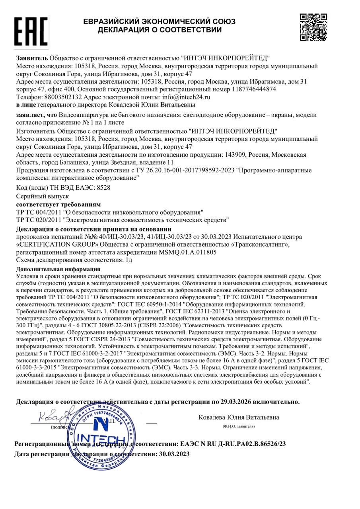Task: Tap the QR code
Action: tap(313, 27)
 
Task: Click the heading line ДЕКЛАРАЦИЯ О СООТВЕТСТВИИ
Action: tap(159, 30)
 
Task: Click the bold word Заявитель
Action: tap(32, 58)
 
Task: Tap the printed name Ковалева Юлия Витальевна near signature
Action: tap(239, 417)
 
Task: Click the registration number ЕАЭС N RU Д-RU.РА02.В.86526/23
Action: tap(233, 443)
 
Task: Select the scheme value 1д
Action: tap(129, 260)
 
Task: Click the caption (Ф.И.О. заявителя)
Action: tap(239, 426)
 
